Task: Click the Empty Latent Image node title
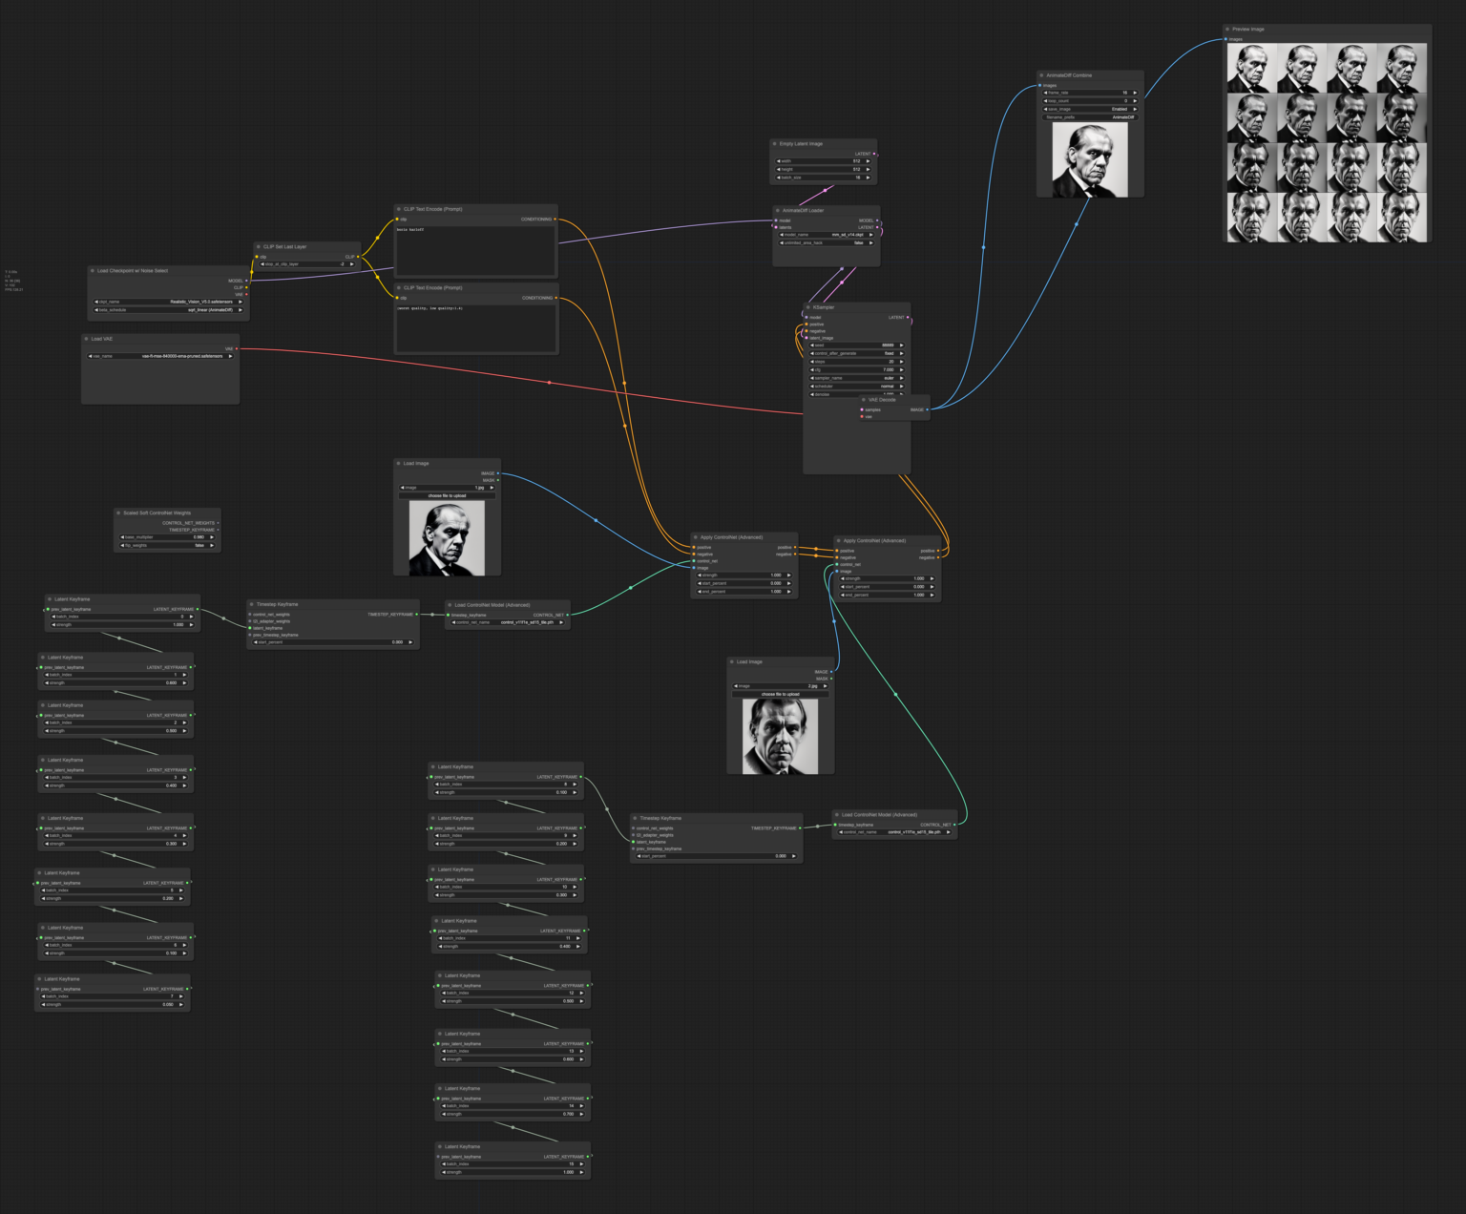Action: pos(801,144)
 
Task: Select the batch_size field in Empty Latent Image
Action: pos(824,178)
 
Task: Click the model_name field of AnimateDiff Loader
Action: pos(827,235)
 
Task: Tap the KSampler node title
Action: pos(824,307)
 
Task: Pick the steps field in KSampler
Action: pos(856,362)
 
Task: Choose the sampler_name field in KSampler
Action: pos(856,378)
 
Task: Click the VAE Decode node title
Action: pos(882,400)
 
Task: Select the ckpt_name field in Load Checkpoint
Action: pos(169,302)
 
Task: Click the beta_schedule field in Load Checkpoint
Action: pos(169,309)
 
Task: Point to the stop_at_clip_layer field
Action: pos(306,264)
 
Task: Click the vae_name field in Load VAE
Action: pos(160,356)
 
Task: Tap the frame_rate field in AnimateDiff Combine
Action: pos(1089,93)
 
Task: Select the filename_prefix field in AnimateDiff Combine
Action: pos(1089,117)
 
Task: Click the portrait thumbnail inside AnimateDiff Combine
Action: pos(1090,160)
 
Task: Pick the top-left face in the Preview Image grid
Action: pos(1250,68)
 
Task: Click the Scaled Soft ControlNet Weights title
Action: pos(157,513)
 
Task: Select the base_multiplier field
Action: pos(167,537)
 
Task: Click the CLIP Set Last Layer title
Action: pos(285,246)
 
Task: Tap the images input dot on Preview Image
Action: pos(1226,39)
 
